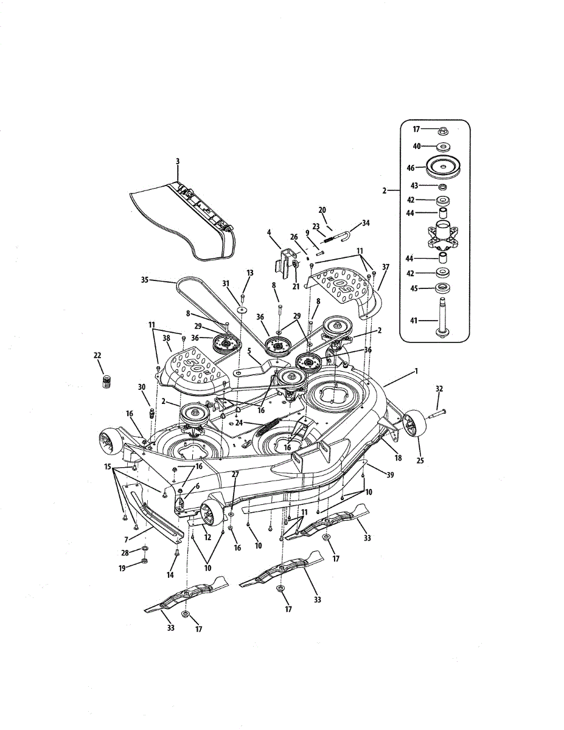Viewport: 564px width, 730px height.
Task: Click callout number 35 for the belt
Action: pyautogui.click(x=145, y=280)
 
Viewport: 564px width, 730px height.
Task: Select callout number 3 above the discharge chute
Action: pyautogui.click(x=177, y=161)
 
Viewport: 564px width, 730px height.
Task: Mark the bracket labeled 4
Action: pyautogui.click(x=285, y=259)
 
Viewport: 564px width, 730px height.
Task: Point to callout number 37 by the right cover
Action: pyautogui.click(x=385, y=266)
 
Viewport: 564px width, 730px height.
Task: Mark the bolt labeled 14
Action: pyautogui.click(x=177, y=553)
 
